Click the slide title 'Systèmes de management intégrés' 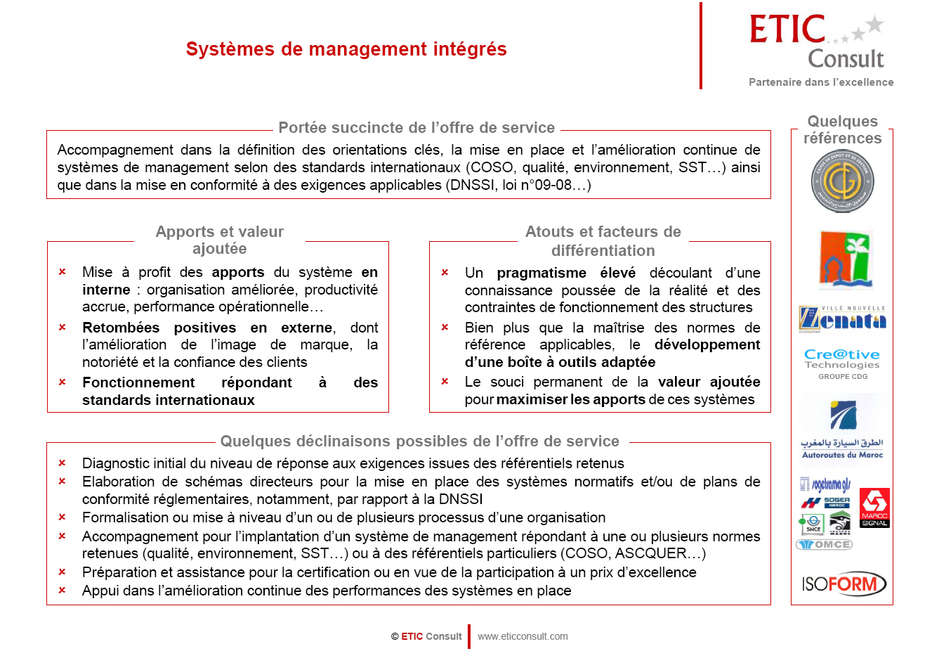click(x=346, y=49)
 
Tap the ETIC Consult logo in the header click(x=817, y=43)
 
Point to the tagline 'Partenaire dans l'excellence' click(x=821, y=82)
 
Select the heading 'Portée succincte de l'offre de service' click(x=416, y=128)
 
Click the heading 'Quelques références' click(x=842, y=130)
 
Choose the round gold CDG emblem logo click(x=842, y=181)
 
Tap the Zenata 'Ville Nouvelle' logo click(x=842, y=318)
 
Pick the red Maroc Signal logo click(x=874, y=508)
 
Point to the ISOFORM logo click(x=843, y=584)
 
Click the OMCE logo click(x=825, y=545)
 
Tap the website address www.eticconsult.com click(x=523, y=636)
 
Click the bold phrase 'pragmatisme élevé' click(x=565, y=273)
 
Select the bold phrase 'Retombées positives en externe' click(x=207, y=328)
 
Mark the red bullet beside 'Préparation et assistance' click(x=62, y=572)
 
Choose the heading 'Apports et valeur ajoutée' click(x=219, y=240)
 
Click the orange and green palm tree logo click(x=846, y=259)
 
